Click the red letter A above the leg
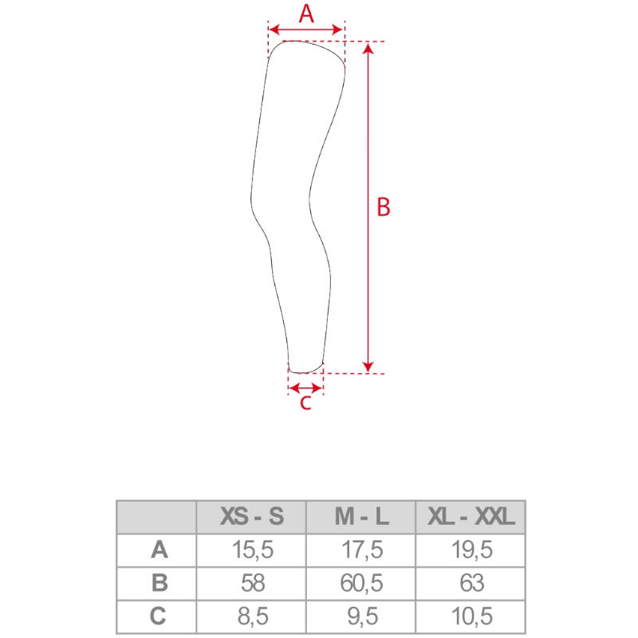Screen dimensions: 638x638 [306, 14]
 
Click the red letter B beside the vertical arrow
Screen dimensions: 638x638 [384, 207]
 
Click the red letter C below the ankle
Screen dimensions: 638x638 [305, 403]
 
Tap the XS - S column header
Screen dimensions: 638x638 [252, 516]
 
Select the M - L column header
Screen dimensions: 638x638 [361, 516]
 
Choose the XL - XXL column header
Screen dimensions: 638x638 [471, 516]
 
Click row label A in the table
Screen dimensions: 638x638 [159, 549]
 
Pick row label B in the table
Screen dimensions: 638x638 [159, 583]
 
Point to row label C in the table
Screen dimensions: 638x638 [158, 616]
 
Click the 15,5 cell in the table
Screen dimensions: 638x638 [252, 549]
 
